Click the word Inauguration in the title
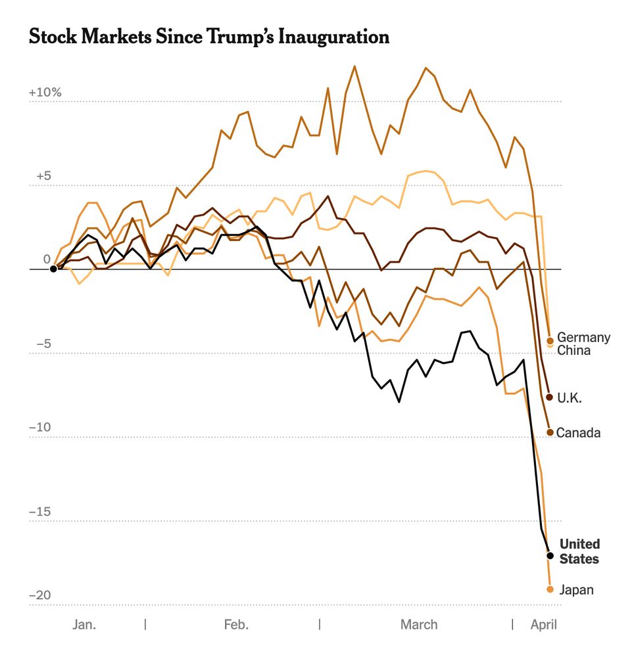click(x=334, y=37)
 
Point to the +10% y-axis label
click(x=45, y=93)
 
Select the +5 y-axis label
click(x=43, y=177)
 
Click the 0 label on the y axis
click(x=47, y=260)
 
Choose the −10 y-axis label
click(x=39, y=428)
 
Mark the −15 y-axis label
click(x=39, y=512)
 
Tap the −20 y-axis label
click(x=39, y=595)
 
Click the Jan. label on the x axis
click(x=84, y=624)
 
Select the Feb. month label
click(x=236, y=624)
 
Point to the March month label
click(x=419, y=624)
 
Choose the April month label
click(x=544, y=624)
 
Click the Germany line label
click(x=583, y=338)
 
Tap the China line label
click(x=573, y=350)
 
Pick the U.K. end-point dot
click(x=550, y=397)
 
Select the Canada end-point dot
click(x=550, y=432)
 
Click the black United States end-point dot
click(x=550, y=556)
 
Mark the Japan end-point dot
click(x=550, y=589)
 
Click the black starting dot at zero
click(x=53, y=269)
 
